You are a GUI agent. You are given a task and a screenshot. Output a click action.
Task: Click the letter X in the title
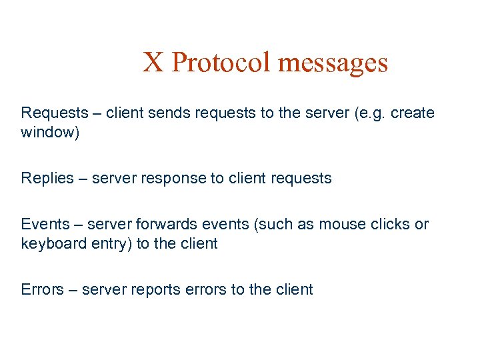(153, 63)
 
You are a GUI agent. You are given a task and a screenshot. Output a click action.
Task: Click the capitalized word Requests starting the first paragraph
(55, 113)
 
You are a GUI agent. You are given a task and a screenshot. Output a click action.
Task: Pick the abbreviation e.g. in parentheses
(370, 113)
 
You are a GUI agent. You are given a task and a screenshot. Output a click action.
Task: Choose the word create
(413, 113)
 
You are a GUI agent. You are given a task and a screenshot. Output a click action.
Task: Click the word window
(48, 133)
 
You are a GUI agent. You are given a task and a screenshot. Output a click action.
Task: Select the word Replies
(46, 178)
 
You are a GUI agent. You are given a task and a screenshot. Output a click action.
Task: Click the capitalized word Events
(46, 224)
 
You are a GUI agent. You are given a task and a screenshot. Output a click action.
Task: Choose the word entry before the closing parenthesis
(111, 243)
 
